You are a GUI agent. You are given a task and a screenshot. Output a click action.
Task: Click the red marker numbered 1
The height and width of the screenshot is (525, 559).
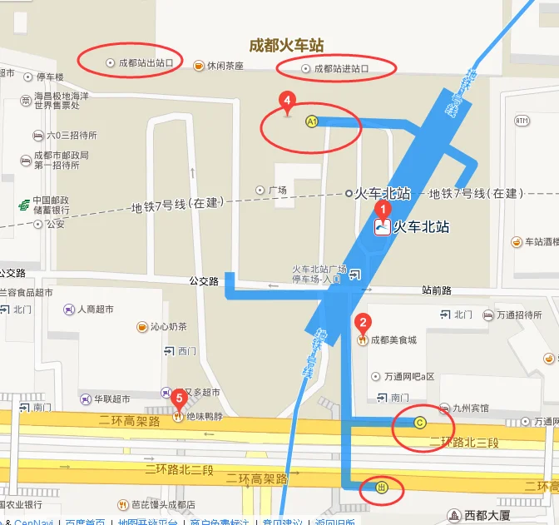(x=383, y=210)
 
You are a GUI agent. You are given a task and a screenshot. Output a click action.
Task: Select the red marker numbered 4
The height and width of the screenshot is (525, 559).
(x=287, y=102)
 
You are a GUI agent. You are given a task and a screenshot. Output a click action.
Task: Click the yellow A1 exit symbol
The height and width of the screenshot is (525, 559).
(x=312, y=121)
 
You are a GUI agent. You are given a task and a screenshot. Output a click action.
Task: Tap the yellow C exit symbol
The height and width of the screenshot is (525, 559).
(x=420, y=423)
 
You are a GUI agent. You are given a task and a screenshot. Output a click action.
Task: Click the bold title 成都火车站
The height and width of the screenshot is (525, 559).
(x=287, y=45)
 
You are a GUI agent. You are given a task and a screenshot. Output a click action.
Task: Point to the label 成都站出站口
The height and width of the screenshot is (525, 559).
(x=146, y=62)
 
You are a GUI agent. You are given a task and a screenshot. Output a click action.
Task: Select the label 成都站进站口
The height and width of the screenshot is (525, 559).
(x=341, y=68)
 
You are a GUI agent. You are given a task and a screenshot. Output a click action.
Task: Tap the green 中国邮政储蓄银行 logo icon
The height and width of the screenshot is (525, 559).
(x=22, y=205)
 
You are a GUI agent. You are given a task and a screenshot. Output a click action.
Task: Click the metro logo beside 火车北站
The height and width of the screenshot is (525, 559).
(x=383, y=226)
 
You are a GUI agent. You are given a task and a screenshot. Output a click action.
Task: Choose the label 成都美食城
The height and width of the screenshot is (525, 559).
(x=393, y=339)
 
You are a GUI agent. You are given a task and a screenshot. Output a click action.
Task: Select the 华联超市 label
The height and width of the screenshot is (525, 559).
(x=111, y=399)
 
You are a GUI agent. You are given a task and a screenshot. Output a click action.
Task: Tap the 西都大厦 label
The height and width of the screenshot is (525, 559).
(x=487, y=515)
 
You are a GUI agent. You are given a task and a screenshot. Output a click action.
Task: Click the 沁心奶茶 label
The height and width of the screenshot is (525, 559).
(x=168, y=326)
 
